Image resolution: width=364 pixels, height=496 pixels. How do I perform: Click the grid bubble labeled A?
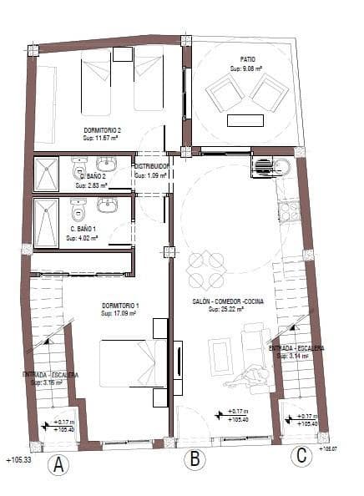58,466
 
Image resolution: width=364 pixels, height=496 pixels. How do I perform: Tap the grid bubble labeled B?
195,458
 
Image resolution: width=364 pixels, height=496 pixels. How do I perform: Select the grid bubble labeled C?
301,455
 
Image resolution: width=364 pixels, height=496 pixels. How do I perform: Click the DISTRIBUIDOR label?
152,167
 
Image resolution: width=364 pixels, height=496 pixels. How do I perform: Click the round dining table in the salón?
205,270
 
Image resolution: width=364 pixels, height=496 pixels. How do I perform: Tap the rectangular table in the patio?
247,119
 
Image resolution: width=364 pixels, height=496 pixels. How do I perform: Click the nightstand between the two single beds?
123,54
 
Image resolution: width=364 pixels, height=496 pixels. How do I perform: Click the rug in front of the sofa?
221,356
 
